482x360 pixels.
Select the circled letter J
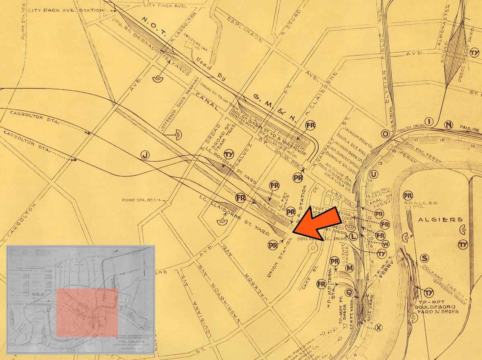pyautogui.click(x=145, y=154)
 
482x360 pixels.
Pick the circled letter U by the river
pyautogui.click(x=374, y=174)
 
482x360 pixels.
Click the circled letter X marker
pyautogui.click(x=378, y=328)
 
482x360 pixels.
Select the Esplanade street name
pyautogui.click(x=245, y=31)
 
